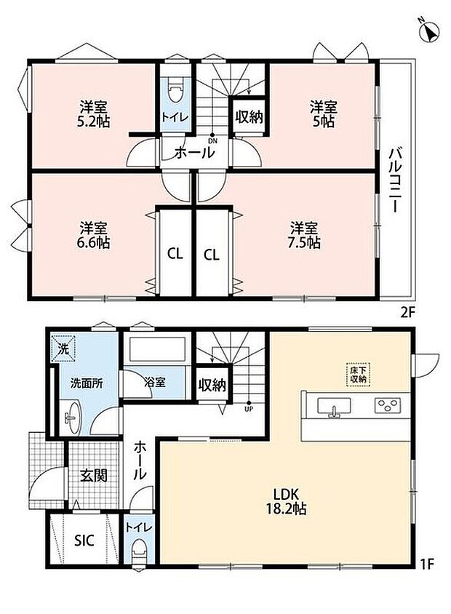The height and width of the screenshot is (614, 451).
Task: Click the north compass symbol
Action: [x=429, y=31]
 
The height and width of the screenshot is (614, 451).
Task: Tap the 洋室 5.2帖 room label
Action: [x=94, y=114]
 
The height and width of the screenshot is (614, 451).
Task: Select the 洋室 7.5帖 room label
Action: [x=304, y=235]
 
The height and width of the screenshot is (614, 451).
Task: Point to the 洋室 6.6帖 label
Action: [x=94, y=235]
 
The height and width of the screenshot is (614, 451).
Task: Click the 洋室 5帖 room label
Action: [x=324, y=114]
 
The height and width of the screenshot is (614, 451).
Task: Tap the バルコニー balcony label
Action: [x=396, y=180]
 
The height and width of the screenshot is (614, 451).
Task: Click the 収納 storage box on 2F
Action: [x=249, y=116]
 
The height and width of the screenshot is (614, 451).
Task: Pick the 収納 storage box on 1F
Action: [x=212, y=386]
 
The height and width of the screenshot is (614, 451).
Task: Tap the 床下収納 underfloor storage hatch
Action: [x=358, y=375]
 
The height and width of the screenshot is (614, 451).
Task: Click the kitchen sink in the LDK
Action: [x=335, y=407]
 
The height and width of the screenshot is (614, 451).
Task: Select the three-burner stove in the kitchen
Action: [x=387, y=406]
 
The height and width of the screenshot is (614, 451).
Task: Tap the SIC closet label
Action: [x=84, y=541]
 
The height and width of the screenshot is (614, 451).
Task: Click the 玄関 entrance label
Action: [x=94, y=476]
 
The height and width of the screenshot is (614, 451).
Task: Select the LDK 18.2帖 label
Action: [x=286, y=501]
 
